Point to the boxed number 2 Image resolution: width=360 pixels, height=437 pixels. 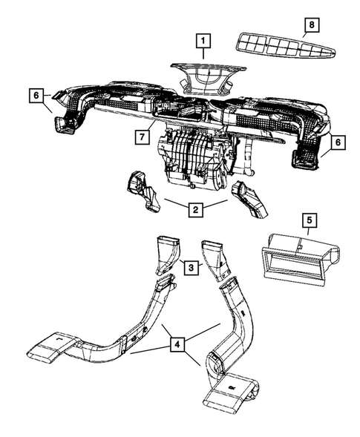(194, 210)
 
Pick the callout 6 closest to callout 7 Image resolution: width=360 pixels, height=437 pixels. (34, 95)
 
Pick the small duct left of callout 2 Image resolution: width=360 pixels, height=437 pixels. (143, 189)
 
